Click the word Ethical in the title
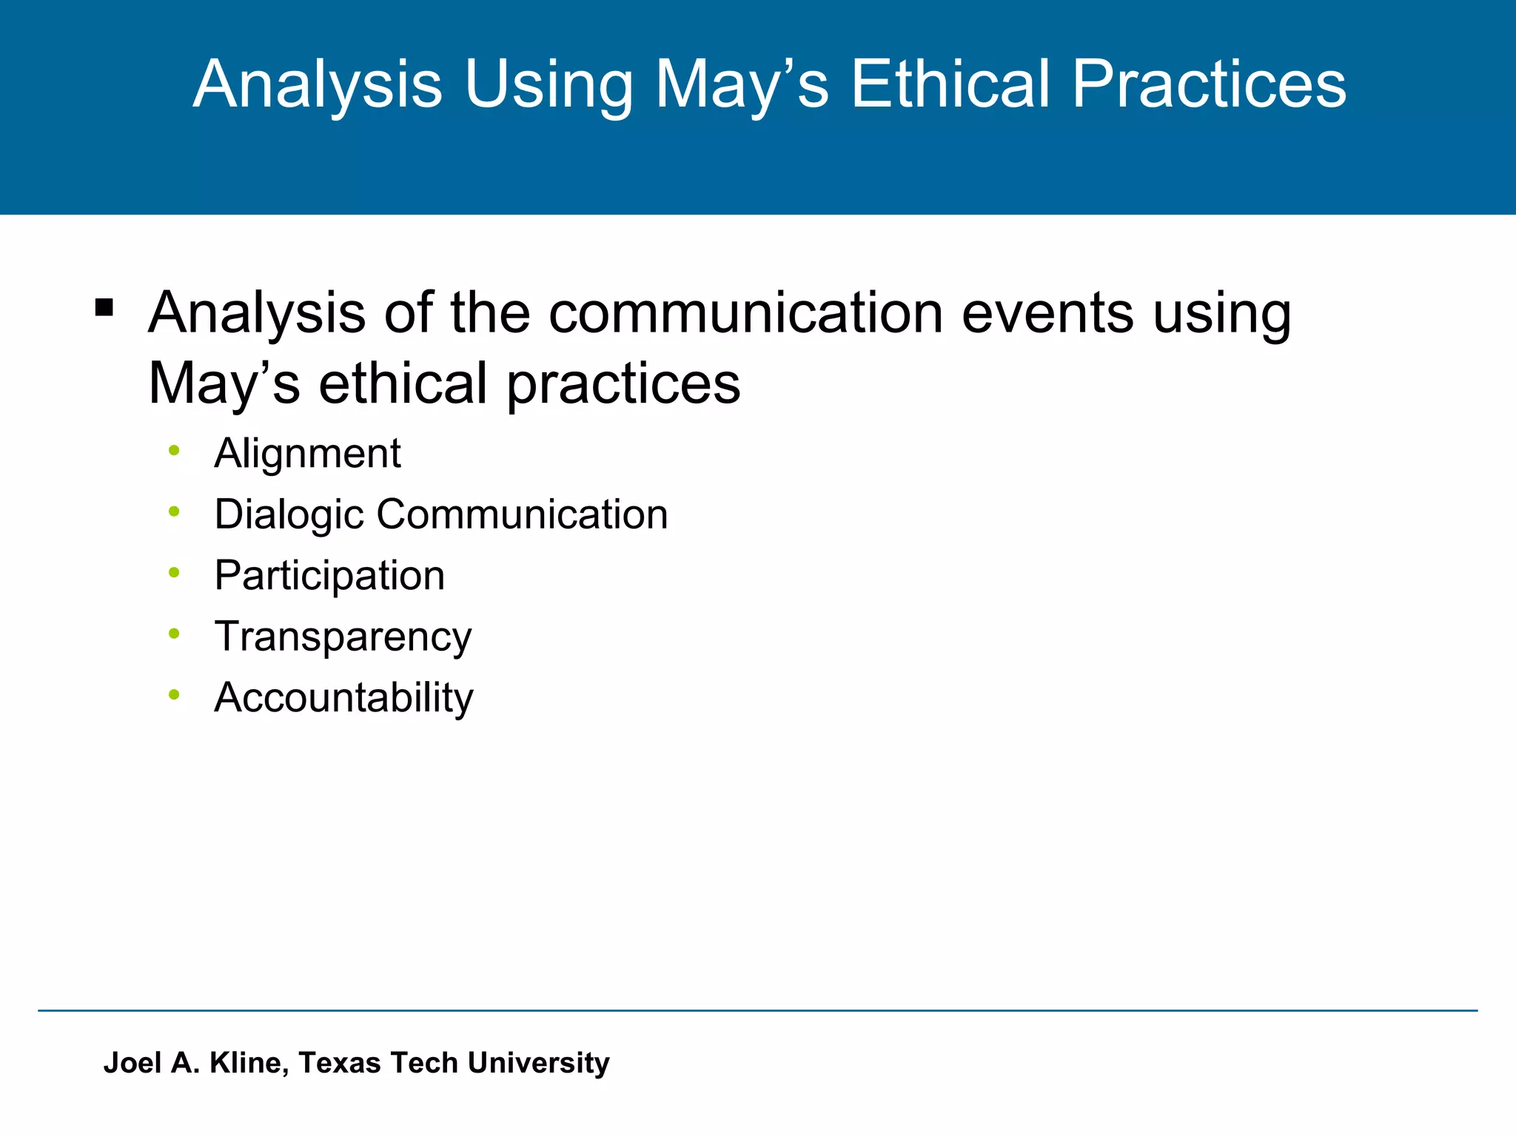(950, 84)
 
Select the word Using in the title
(549, 84)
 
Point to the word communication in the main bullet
(745, 312)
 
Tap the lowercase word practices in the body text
(623, 383)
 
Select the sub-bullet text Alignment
(307, 453)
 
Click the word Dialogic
(289, 514)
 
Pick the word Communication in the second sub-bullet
(522, 514)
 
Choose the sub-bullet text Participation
(329, 576)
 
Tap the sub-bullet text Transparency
(343, 637)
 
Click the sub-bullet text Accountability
(343, 698)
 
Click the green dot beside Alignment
(174, 450)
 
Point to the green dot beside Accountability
(174, 694)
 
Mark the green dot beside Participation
(174, 572)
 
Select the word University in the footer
(538, 1063)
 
